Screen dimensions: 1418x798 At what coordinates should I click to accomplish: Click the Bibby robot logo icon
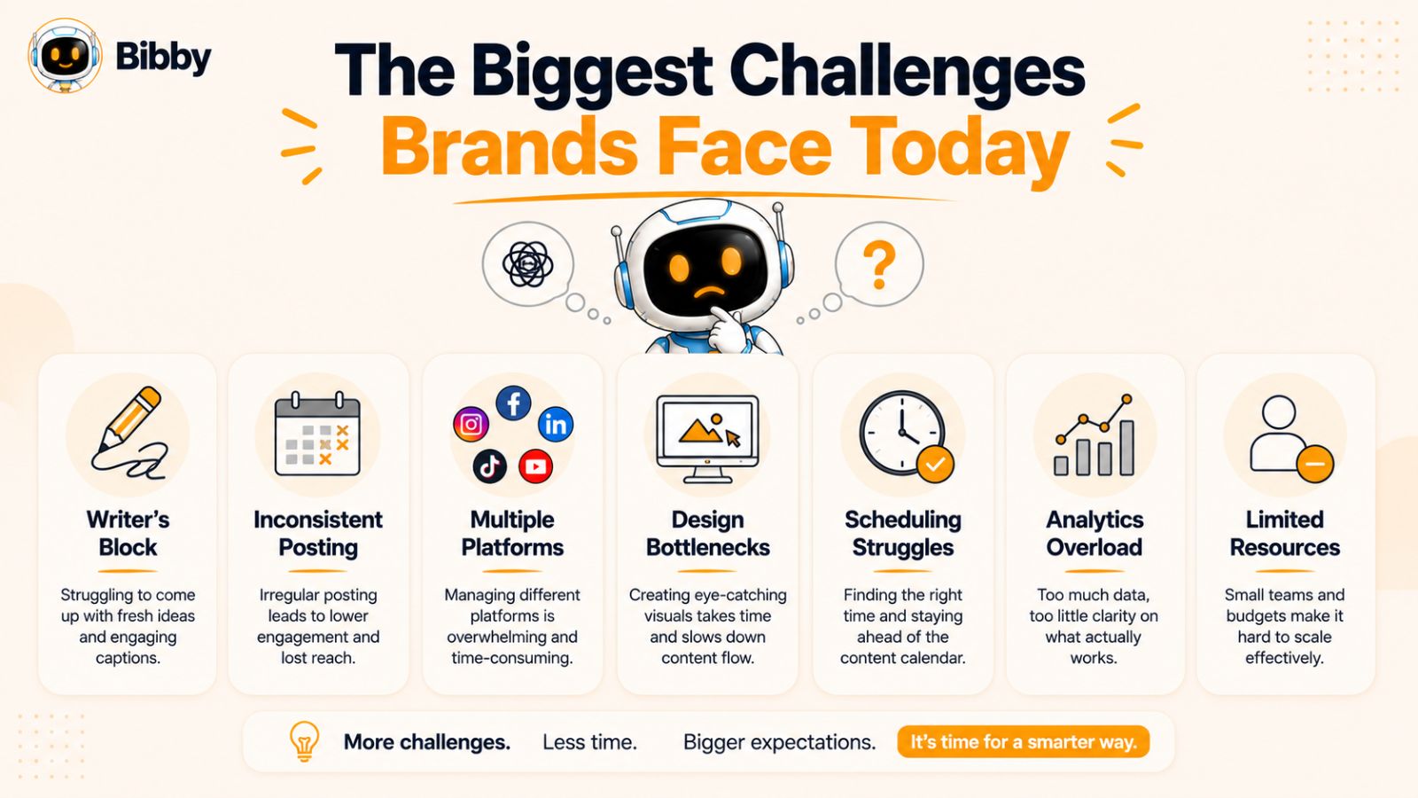tap(65, 56)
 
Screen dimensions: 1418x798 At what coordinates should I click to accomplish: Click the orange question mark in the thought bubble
tap(879, 265)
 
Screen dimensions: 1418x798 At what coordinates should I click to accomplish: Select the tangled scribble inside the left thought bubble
tap(528, 264)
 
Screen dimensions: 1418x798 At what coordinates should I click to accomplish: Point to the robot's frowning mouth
tap(710, 292)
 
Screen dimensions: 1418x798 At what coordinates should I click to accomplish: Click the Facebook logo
tap(513, 403)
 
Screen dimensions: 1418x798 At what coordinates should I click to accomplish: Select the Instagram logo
tap(471, 424)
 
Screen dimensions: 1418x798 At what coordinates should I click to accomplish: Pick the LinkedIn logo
tap(556, 425)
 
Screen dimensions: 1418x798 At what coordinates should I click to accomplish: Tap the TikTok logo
tap(490, 466)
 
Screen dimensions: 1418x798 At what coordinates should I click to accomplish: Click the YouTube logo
tap(535, 466)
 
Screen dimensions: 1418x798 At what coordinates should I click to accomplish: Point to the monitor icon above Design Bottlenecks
tap(708, 438)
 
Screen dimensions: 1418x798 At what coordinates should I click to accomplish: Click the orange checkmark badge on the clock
tap(935, 465)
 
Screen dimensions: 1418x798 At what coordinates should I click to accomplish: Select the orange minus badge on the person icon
tap(1315, 465)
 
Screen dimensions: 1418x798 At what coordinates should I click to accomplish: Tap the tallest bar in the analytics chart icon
tap(1126, 447)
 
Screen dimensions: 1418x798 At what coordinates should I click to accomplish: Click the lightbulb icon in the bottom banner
tap(304, 741)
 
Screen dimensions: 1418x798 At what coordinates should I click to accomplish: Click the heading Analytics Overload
tap(1095, 533)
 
